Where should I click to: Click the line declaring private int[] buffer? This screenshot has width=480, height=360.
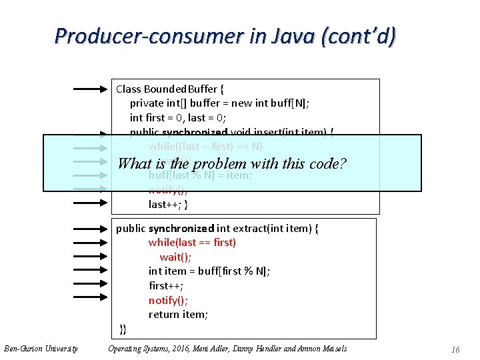click(219, 103)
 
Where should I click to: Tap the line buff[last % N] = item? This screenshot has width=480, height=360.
click(200, 176)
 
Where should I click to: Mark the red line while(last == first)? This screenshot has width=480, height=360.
click(192, 243)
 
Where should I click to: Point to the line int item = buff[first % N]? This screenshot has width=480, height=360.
click(209, 271)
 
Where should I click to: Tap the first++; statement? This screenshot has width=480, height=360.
click(166, 285)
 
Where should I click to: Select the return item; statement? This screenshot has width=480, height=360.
click(178, 315)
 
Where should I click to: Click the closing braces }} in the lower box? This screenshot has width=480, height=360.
click(123, 329)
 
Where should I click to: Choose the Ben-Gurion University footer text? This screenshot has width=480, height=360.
click(41, 349)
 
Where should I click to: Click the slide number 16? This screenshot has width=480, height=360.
click(455, 349)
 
